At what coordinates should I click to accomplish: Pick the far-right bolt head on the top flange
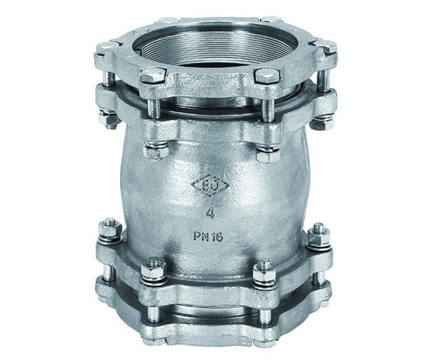coord(328,49)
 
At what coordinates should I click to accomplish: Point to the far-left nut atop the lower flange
coord(107,231)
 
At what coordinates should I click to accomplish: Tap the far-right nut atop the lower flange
coord(316,235)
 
